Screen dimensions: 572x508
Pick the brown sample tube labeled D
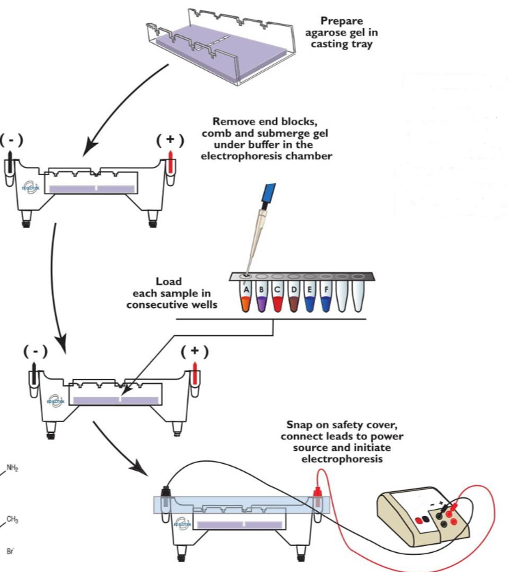pos(295,299)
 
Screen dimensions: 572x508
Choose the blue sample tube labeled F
pos(326,299)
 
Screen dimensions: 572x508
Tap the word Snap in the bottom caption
pos(299,425)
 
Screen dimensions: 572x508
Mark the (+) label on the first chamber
pos(170,140)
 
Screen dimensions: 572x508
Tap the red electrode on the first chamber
pos(171,166)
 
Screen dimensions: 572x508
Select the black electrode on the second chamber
pos(34,377)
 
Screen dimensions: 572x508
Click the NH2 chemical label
pos(13,468)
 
